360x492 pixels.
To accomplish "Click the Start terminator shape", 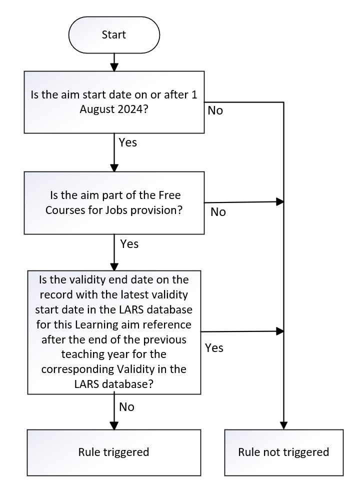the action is pyautogui.click(x=114, y=35).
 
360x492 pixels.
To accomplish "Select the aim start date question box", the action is pyautogui.click(x=114, y=102).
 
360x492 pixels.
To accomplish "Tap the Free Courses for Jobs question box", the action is pyautogui.click(x=114, y=202).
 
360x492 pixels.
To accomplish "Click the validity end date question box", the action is pyautogui.click(x=114, y=332).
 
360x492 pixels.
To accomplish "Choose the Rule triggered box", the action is pyautogui.click(x=114, y=452).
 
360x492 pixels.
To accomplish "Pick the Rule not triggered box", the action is pyautogui.click(x=283, y=452).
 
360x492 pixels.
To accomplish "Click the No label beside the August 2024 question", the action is pyautogui.click(x=215, y=111).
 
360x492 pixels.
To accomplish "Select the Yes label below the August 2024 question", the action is pyautogui.click(x=127, y=143).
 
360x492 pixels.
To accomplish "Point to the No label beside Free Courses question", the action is pyautogui.click(x=218, y=212).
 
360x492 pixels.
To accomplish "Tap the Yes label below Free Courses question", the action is pyautogui.click(x=129, y=244).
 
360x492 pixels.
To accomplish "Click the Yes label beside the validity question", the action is pyautogui.click(x=214, y=348).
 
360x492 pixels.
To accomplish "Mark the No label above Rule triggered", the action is pyautogui.click(x=127, y=407).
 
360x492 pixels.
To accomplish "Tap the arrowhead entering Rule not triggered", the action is pyautogui.click(x=283, y=425).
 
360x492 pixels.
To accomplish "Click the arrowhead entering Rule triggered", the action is pyautogui.click(x=114, y=425).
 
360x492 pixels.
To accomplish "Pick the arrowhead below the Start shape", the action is pyautogui.click(x=114, y=67).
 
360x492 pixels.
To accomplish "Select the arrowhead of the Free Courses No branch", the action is pyautogui.click(x=280, y=201).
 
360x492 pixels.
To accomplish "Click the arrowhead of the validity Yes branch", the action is pyautogui.click(x=280, y=331).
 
